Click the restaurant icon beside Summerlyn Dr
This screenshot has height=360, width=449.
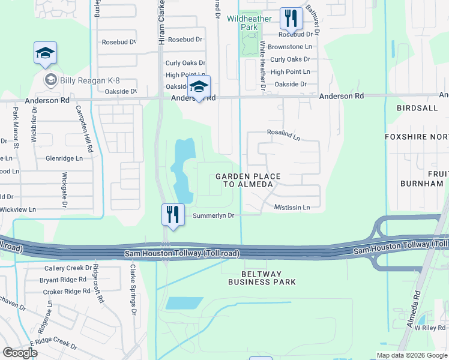[x=172, y=215]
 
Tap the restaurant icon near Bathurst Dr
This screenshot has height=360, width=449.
[x=291, y=19]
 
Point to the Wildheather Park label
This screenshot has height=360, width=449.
[x=249, y=23]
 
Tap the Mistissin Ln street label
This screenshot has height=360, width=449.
[x=292, y=208]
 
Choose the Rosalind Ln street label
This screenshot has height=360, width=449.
[x=283, y=134]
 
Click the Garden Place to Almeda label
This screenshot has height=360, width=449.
[x=245, y=180]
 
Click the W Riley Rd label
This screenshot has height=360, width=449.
[x=431, y=328]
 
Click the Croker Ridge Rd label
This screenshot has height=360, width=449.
[x=66, y=292]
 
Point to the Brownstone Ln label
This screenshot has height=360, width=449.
[x=290, y=46]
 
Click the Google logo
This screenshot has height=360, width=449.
[x=20, y=353]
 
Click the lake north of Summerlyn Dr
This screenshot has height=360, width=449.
[x=182, y=171]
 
